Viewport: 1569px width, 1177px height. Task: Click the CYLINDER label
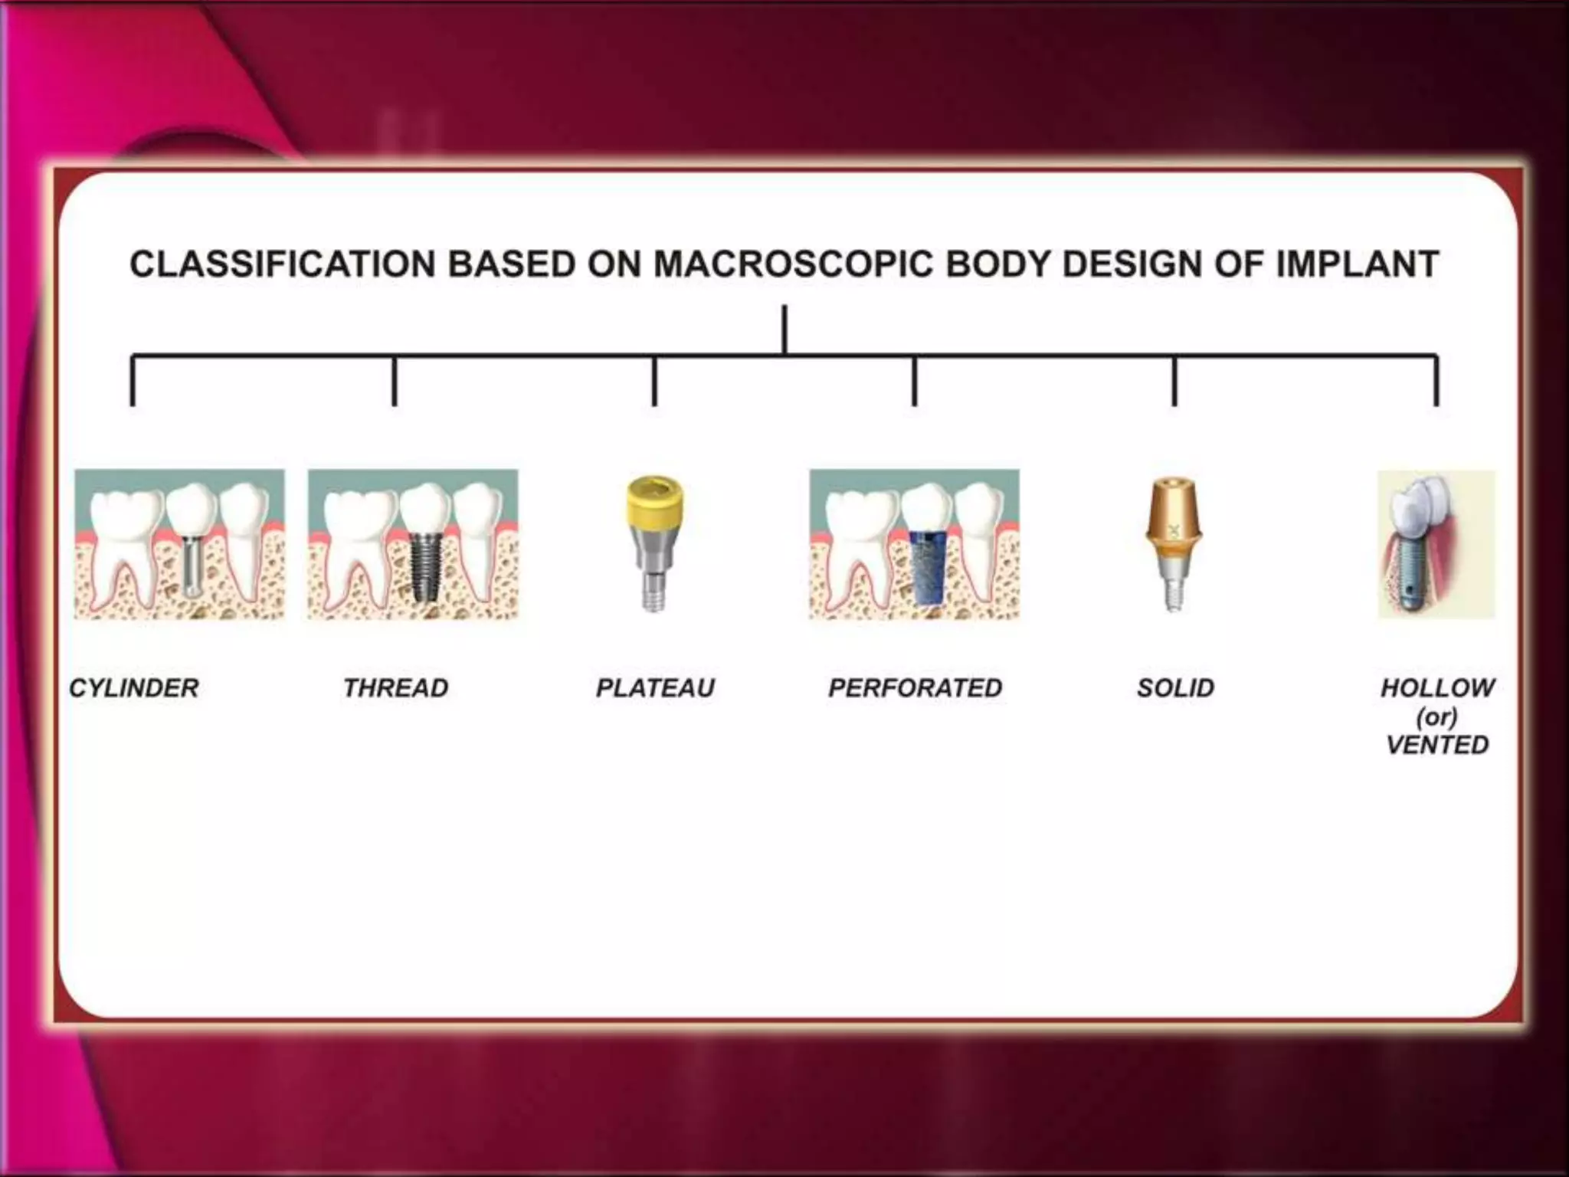click(x=134, y=687)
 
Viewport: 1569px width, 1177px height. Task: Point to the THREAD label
click(x=395, y=687)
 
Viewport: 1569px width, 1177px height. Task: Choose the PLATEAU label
click(x=655, y=687)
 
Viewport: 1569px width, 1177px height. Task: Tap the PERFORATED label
click(x=915, y=687)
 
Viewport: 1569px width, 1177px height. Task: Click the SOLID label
click(x=1175, y=687)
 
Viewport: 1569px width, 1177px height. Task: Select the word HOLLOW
click(x=1437, y=687)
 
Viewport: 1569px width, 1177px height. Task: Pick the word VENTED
click(x=1437, y=744)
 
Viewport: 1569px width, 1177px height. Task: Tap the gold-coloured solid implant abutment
click(x=1172, y=521)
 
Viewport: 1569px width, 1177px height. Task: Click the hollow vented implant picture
click(x=1436, y=544)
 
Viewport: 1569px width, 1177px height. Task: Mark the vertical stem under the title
click(x=784, y=329)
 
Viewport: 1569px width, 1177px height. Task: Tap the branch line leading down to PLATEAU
click(x=654, y=381)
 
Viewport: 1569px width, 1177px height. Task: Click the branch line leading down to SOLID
click(x=1174, y=381)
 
